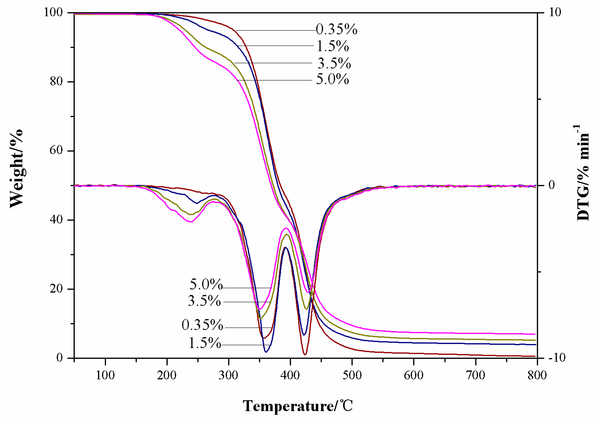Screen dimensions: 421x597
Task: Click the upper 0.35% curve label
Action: [x=337, y=29]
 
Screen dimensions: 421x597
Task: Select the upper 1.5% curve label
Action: [x=333, y=46]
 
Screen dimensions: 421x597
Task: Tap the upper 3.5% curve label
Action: [x=334, y=63]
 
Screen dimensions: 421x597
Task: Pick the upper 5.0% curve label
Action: [x=332, y=79]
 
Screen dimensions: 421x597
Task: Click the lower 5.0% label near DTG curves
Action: [x=206, y=284]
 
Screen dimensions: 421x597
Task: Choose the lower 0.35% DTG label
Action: [x=202, y=325]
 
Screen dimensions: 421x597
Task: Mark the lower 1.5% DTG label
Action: [x=205, y=343]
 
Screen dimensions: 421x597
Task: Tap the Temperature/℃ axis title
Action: [x=298, y=406]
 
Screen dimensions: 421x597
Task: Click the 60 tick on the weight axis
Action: [x=56, y=150]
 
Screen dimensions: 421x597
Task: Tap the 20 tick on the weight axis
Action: [x=56, y=289]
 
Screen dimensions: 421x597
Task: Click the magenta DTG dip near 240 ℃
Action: [x=191, y=221]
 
